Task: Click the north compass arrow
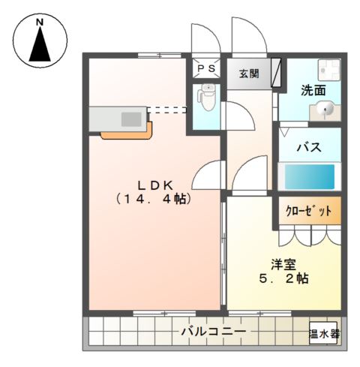click(40, 47)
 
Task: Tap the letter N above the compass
click(40, 23)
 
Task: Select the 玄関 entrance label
click(249, 74)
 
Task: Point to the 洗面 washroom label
click(313, 91)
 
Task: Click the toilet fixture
click(207, 97)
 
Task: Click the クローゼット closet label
click(307, 211)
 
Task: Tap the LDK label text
click(156, 184)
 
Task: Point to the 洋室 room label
click(283, 263)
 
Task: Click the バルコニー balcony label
click(212, 331)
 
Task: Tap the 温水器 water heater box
click(323, 332)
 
